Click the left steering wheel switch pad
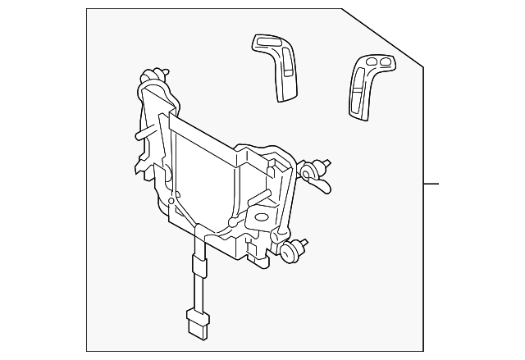click(276, 68)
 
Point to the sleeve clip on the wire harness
click(197, 265)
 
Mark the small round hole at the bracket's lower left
click(170, 199)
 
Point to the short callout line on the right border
click(431, 183)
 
